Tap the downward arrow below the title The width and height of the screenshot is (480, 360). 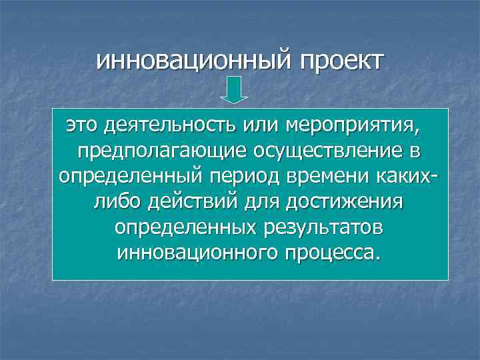[234, 91]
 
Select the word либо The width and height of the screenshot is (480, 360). [117, 202]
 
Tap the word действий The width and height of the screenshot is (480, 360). [195, 202]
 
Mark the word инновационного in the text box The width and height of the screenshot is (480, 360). [197, 253]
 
